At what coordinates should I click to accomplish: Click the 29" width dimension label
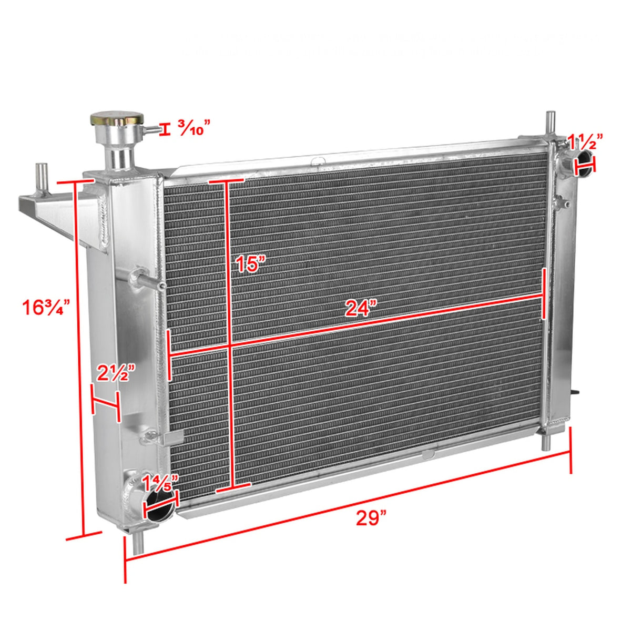click(371, 518)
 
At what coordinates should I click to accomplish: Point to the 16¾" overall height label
click(46, 307)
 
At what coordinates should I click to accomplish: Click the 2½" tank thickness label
click(113, 374)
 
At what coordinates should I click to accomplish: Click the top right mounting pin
click(550, 124)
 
